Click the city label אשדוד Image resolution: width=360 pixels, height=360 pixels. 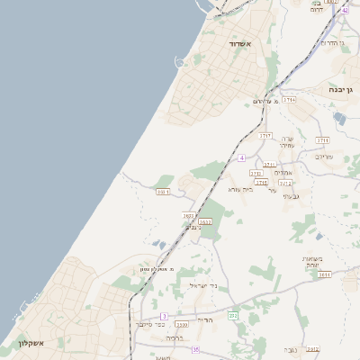pos(238,43)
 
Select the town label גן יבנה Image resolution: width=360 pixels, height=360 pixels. pos(344,90)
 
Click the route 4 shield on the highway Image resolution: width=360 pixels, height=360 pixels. pos(242,157)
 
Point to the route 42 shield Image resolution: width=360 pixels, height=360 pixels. pos(345,9)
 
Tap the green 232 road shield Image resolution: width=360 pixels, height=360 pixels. pos(233,315)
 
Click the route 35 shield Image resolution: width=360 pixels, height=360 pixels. pos(195,349)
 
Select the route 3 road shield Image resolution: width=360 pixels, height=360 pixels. pos(164,316)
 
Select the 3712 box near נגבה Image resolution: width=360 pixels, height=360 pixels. pos(312,348)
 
